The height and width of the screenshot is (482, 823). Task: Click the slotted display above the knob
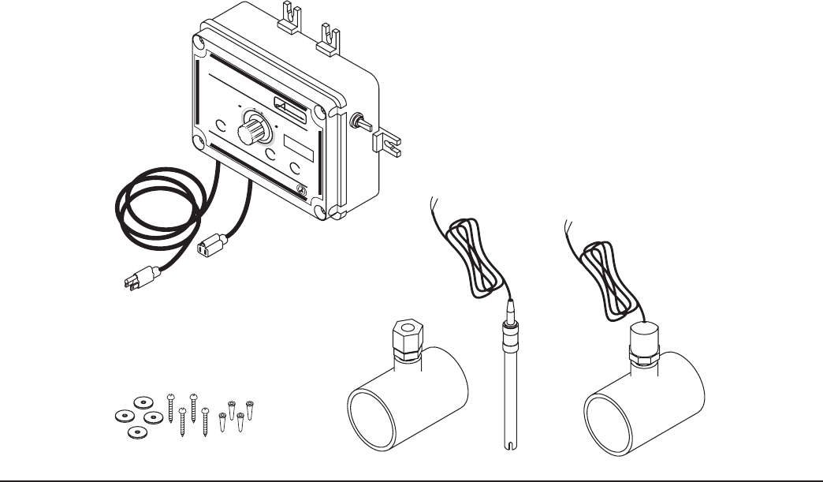click(x=288, y=104)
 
